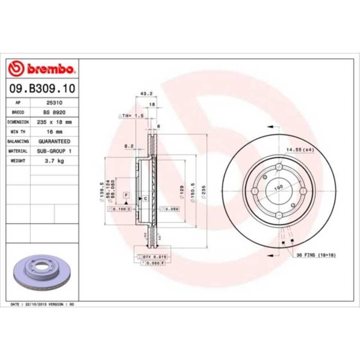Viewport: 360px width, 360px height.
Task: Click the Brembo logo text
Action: (50, 68)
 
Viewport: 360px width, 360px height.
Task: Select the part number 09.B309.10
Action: (42, 88)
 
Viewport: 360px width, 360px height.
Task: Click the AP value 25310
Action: (54, 103)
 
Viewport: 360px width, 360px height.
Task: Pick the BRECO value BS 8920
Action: (54, 112)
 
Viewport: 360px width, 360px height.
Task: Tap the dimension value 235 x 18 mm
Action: (54, 122)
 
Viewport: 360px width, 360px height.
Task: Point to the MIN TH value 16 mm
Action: (54, 132)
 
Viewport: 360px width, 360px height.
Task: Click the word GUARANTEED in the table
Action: (54, 141)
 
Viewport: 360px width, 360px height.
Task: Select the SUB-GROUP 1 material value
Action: (54, 151)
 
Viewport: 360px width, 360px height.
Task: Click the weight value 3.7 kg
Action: (54, 161)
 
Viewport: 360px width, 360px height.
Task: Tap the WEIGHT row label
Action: (18, 161)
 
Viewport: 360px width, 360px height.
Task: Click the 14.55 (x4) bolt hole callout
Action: (300, 149)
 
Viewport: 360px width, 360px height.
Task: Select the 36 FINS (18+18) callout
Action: (316, 255)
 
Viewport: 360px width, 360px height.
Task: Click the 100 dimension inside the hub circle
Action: (278, 187)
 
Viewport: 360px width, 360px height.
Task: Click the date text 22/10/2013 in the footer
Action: (35, 305)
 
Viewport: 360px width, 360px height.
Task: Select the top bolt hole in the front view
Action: (279, 167)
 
